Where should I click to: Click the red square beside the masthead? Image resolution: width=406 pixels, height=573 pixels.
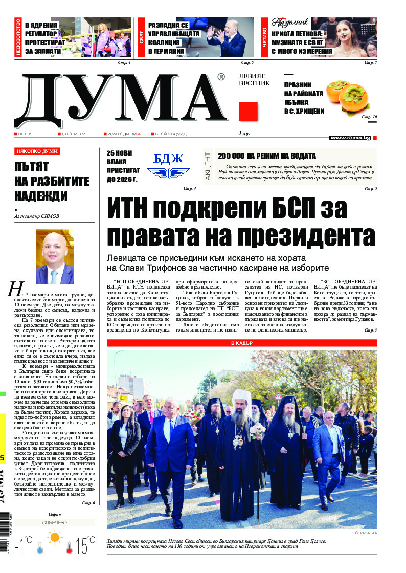[x=247, y=112]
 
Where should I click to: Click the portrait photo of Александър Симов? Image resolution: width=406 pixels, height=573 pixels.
[x=54, y=256]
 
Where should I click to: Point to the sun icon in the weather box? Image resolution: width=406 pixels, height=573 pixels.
[x=54, y=538]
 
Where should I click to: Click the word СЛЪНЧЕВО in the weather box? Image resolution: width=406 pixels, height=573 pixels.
[x=54, y=523]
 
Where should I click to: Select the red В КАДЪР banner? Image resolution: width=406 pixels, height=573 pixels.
[x=242, y=343]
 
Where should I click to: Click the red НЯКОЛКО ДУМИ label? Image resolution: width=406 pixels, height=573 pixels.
[x=38, y=151]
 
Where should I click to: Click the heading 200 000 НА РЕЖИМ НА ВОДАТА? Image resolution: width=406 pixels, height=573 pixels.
[x=266, y=156]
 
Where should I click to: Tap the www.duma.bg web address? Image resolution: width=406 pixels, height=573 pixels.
[x=350, y=138]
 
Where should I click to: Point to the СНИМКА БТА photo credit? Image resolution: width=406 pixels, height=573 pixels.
[x=365, y=534]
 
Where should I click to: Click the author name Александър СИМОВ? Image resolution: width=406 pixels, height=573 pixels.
[x=37, y=216]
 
